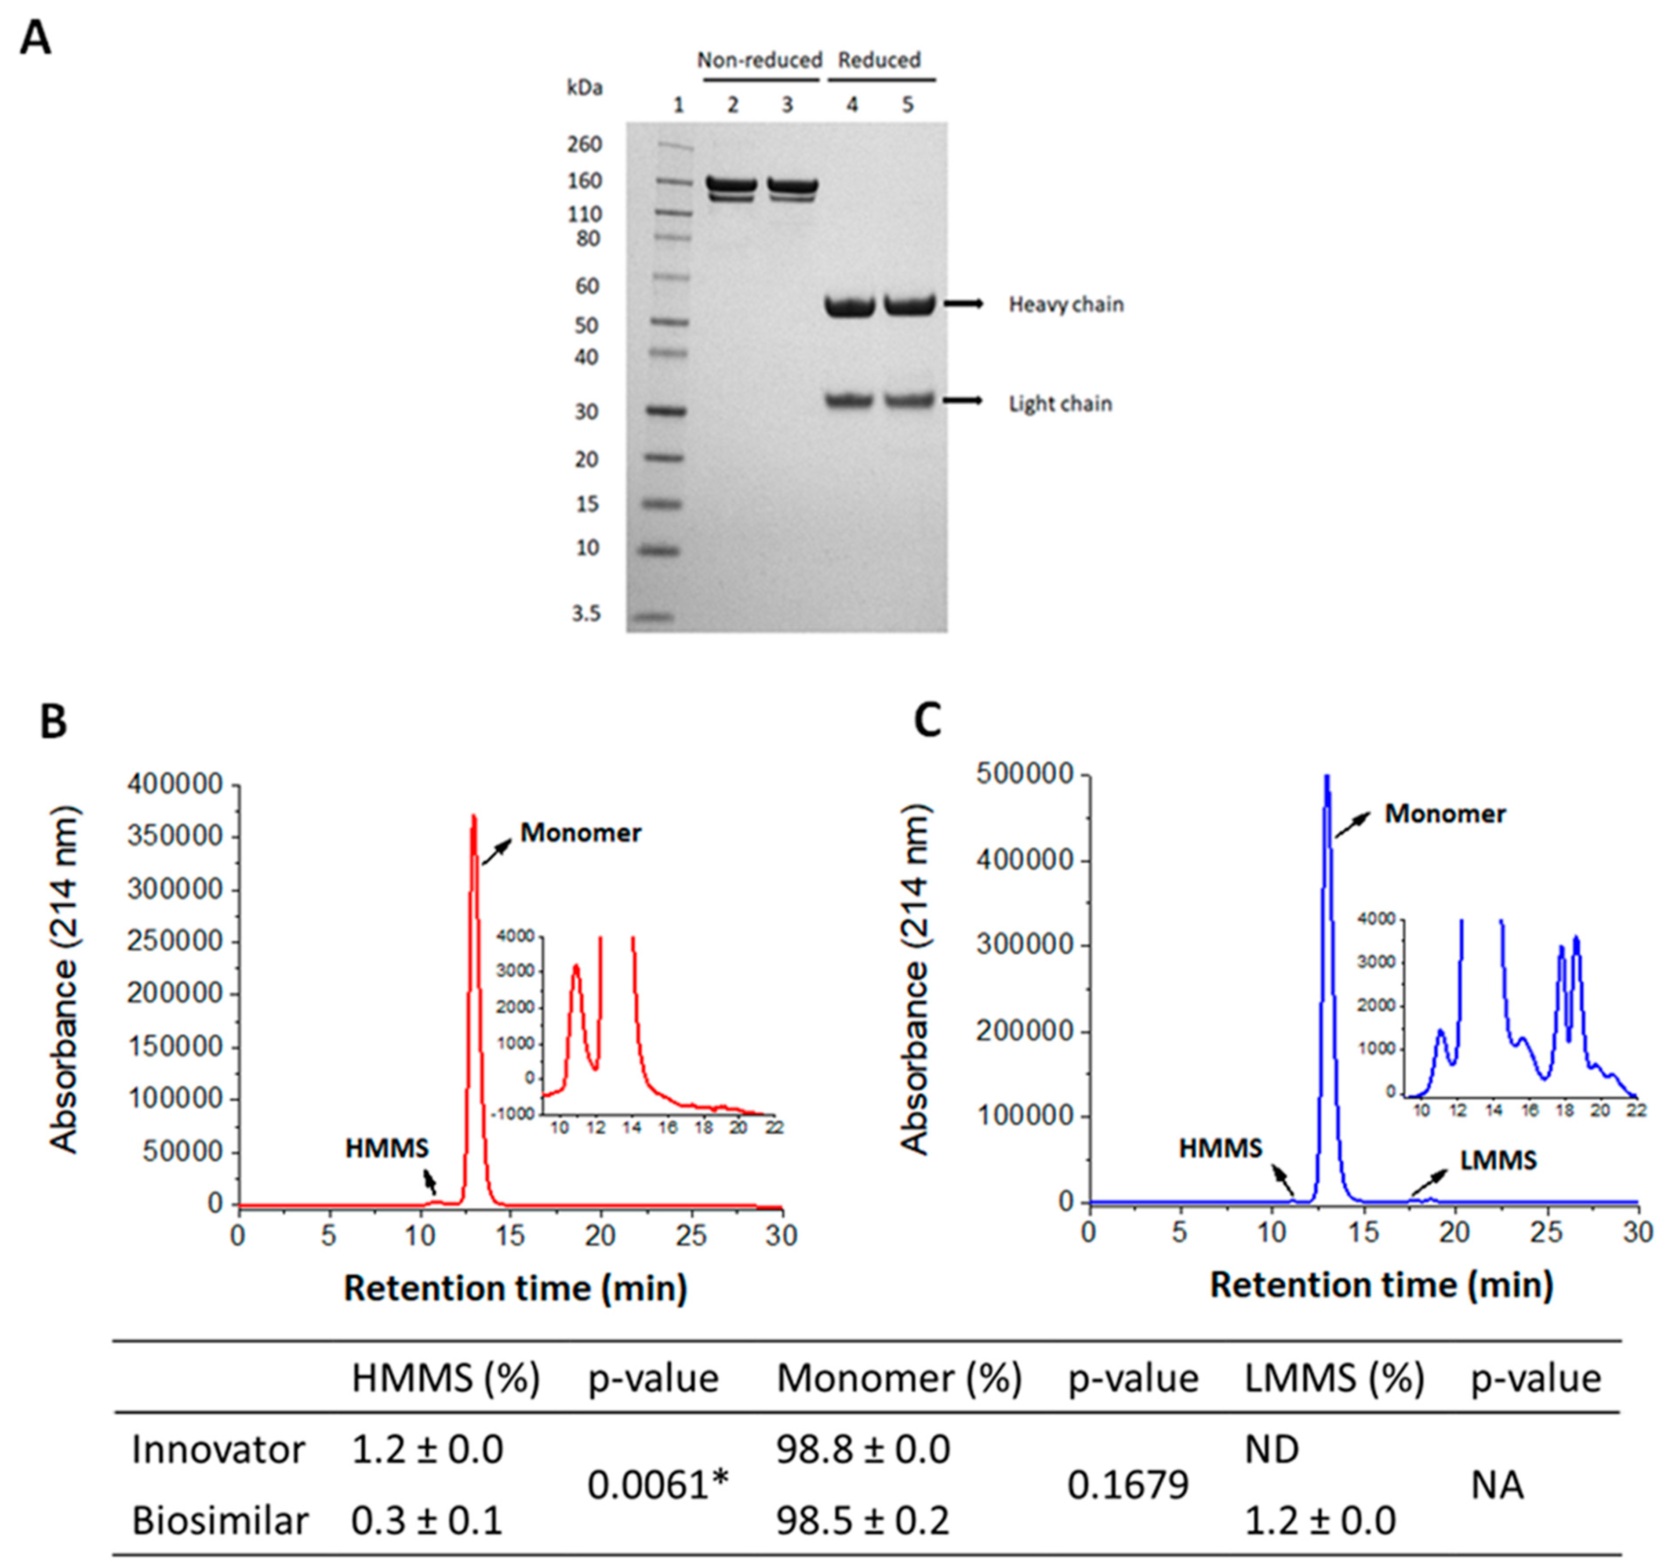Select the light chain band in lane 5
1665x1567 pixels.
click(909, 400)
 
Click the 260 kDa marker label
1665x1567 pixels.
click(585, 144)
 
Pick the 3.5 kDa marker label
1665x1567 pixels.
click(586, 614)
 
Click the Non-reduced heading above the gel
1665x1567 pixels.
click(760, 60)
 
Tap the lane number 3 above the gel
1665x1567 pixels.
click(787, 105)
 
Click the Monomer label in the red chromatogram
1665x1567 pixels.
click(580, 832)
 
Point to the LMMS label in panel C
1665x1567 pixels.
click(1498, 1160)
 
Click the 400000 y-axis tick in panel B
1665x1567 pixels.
click(175, 785)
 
